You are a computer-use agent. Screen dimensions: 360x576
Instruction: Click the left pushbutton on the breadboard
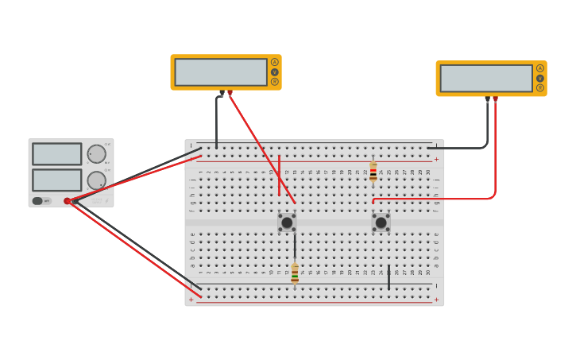(287, 223)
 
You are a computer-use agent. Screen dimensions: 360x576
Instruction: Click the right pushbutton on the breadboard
(381, 223)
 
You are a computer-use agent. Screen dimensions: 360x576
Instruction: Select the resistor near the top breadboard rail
(373, 172)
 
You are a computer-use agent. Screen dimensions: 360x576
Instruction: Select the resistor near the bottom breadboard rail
(295, 273)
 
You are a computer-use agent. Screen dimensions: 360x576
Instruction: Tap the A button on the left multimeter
(275, 62)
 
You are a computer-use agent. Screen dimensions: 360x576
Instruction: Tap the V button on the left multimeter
(275, 72)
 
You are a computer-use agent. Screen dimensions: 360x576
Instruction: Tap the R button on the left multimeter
(275, 81)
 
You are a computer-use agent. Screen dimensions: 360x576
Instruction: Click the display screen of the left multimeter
(221, 72)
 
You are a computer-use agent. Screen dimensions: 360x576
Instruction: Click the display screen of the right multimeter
(486, 78)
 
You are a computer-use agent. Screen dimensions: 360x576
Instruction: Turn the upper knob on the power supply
(96, 154)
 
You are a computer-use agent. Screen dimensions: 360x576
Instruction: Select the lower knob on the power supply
(96, 180)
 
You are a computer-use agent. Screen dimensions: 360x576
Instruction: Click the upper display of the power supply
(56, 154)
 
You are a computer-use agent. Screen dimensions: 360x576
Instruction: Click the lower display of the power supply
(56, 180)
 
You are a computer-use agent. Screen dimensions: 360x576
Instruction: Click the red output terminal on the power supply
(68, 201)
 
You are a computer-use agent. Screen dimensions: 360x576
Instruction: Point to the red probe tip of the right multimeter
(496, 99)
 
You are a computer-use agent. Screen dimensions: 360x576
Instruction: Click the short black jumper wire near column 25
(389, 277)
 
